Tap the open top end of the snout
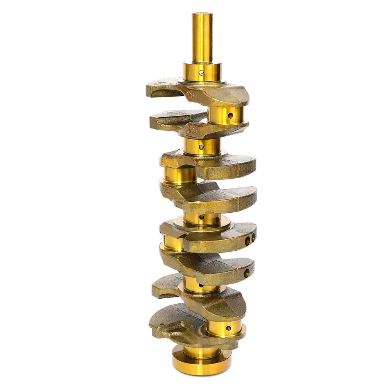click(x=202, y=14)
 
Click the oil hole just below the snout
click(x=201, y=73)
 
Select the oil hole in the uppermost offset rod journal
click(x=231, y=116)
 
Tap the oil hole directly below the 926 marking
click(x=201, y=147)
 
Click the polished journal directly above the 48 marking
click(x=179, y=175)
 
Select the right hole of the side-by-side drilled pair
click(x=253, y=237)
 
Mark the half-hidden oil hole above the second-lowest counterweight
click(x=201, y=285)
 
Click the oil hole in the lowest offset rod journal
click(x=228, y=328)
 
